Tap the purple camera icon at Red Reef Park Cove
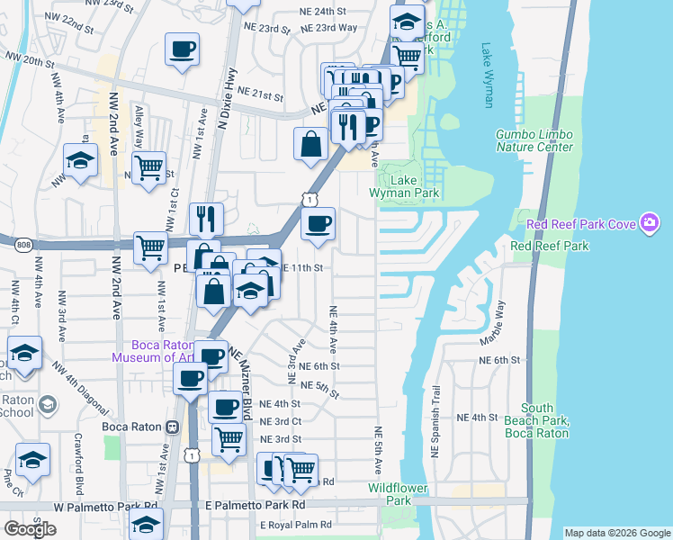649,223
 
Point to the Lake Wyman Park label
402,186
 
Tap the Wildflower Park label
402,494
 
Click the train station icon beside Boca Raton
170,427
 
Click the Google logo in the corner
30,528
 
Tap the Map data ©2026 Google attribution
617,533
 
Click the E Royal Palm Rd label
296,525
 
